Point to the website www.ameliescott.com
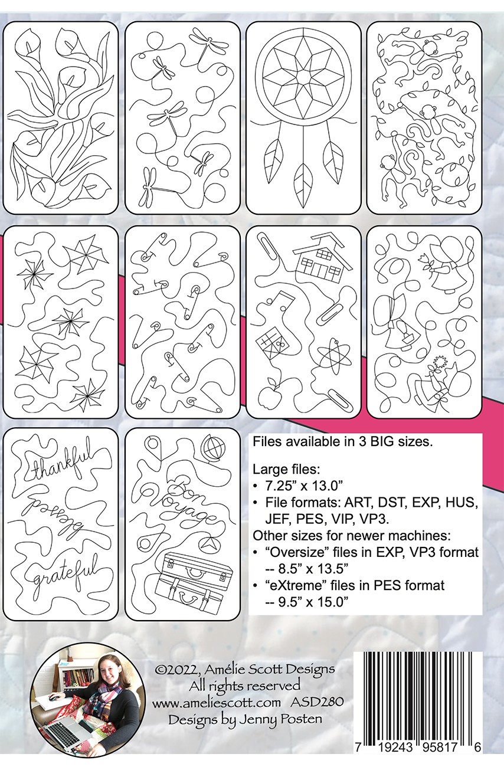coord(217,702)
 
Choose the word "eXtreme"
coord(294,585)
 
